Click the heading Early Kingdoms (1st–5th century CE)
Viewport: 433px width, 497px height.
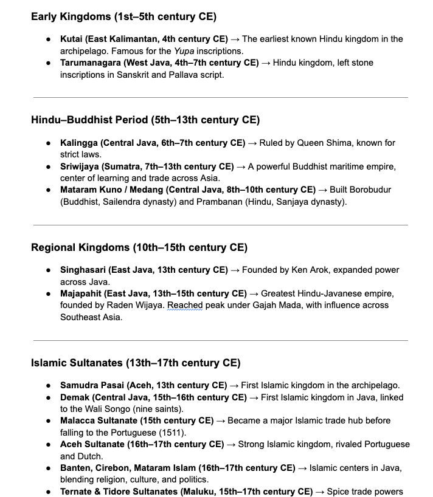(x=123, y=16)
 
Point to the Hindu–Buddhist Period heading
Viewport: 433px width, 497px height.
(x=145, y=120)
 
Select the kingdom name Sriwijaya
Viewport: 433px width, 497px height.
(x=80, y=166)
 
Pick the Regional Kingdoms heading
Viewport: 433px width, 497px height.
(x=139, y=247)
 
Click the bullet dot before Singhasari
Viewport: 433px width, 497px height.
(x=49, y=270)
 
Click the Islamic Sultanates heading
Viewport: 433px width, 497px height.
(x=136, y=363)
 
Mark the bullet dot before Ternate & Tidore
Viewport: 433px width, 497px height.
(x=49, y=492)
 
